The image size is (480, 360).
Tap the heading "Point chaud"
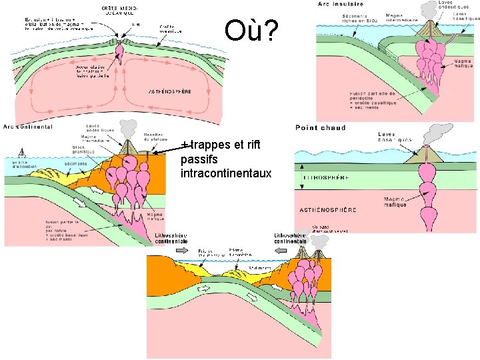pos(321,127)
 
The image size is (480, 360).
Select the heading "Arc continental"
pos(29,127)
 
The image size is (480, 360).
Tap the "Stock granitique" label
pos(83,151)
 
